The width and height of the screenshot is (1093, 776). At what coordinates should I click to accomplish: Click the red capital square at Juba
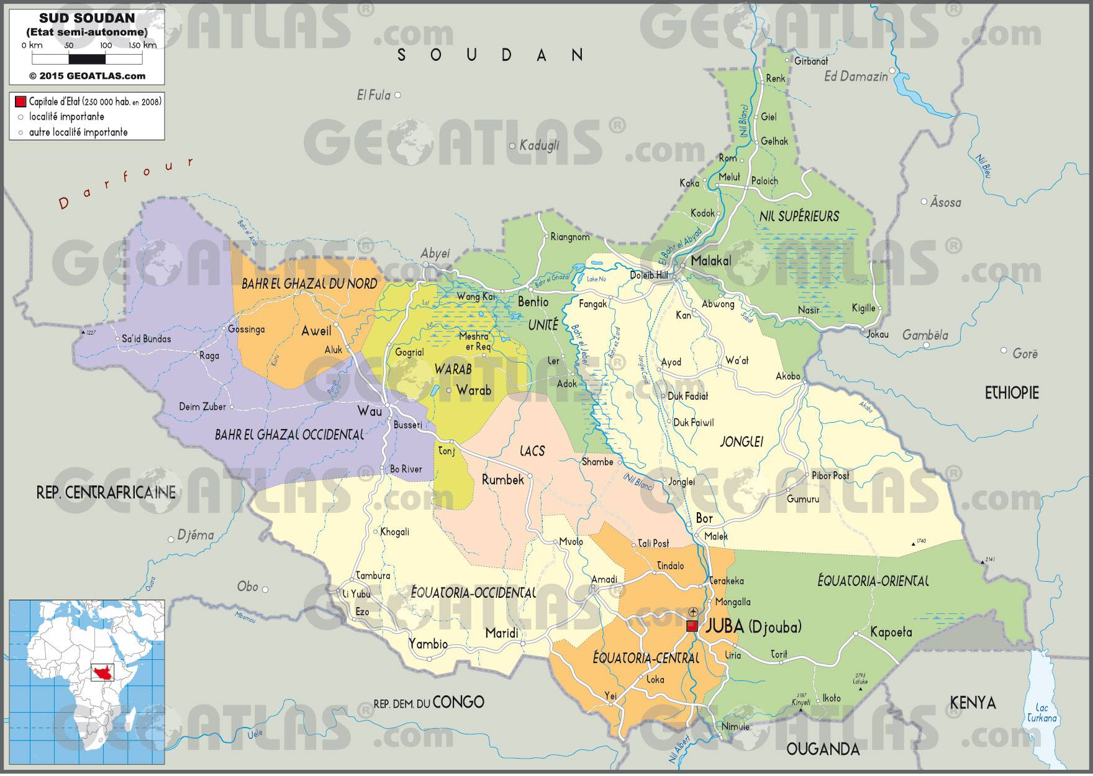[x=691, y=626]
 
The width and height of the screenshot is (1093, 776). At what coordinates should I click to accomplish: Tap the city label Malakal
[x=711, y=261]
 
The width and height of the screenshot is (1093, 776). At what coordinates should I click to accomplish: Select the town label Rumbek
[x=503, y=479]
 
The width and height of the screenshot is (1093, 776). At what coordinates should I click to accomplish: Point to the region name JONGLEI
[x=741, y=442]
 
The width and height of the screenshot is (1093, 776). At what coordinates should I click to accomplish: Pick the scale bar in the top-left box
[x=87, y=60]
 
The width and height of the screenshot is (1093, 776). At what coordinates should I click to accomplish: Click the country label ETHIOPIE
[x=1012, y=393]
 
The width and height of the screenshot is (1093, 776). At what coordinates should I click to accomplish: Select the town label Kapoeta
[x=891, y=633]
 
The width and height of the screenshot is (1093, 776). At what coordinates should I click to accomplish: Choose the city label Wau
[x=366, y=411]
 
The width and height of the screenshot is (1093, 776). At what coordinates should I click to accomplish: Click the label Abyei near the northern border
[x=435, y=253]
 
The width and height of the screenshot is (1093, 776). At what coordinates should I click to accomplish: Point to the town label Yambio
[x=428, y=644]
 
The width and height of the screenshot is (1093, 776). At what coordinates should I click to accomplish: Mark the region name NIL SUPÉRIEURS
[x=799, y=216]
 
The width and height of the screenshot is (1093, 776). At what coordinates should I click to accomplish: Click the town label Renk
[x=776, y=79]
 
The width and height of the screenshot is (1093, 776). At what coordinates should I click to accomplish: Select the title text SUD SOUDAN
[x=87, y=20]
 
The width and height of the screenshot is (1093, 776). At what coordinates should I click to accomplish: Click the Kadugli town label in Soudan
[x=539, y=146]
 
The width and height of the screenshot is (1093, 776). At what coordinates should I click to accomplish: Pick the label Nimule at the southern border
[x=735, y=726]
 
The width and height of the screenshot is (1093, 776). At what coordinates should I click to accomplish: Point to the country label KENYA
[x=973, y=703]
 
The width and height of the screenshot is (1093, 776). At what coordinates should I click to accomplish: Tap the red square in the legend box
[x=20, y=102]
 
